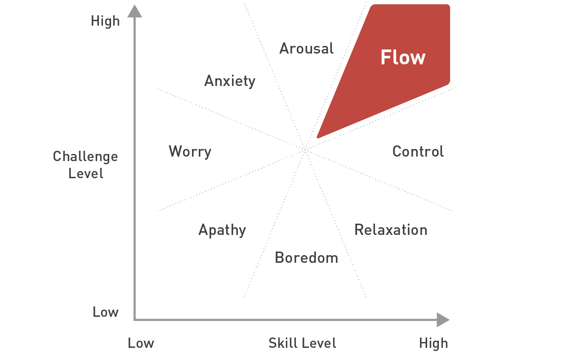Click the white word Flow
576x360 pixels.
tap(403, 58)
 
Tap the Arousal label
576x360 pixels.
tap(306, 48)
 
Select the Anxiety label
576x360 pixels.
tap(230, 81)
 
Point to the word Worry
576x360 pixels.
tap(190, 152)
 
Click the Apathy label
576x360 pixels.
tap(222, 230)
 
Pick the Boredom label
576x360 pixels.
tap(306, 258)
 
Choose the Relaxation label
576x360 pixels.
tap(391, 230)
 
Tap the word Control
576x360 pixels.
tap(418, 151)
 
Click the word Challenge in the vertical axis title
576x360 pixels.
tap(85, 157)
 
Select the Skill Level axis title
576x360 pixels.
tap(302, 343)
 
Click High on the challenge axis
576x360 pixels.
tap(105, 21)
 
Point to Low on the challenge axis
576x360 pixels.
tap(106, 312)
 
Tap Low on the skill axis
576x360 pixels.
tap(141, 343)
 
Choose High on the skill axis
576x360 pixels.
tap(433, 343)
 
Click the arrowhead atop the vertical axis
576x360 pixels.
tap(134, 11)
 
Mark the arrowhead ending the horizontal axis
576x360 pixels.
tap(442, 319)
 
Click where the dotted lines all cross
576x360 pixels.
tap(305, 150)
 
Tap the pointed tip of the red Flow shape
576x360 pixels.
tap(318, 137)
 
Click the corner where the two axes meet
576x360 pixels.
tap(134, 319)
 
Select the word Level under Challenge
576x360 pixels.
tap(86, 173)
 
